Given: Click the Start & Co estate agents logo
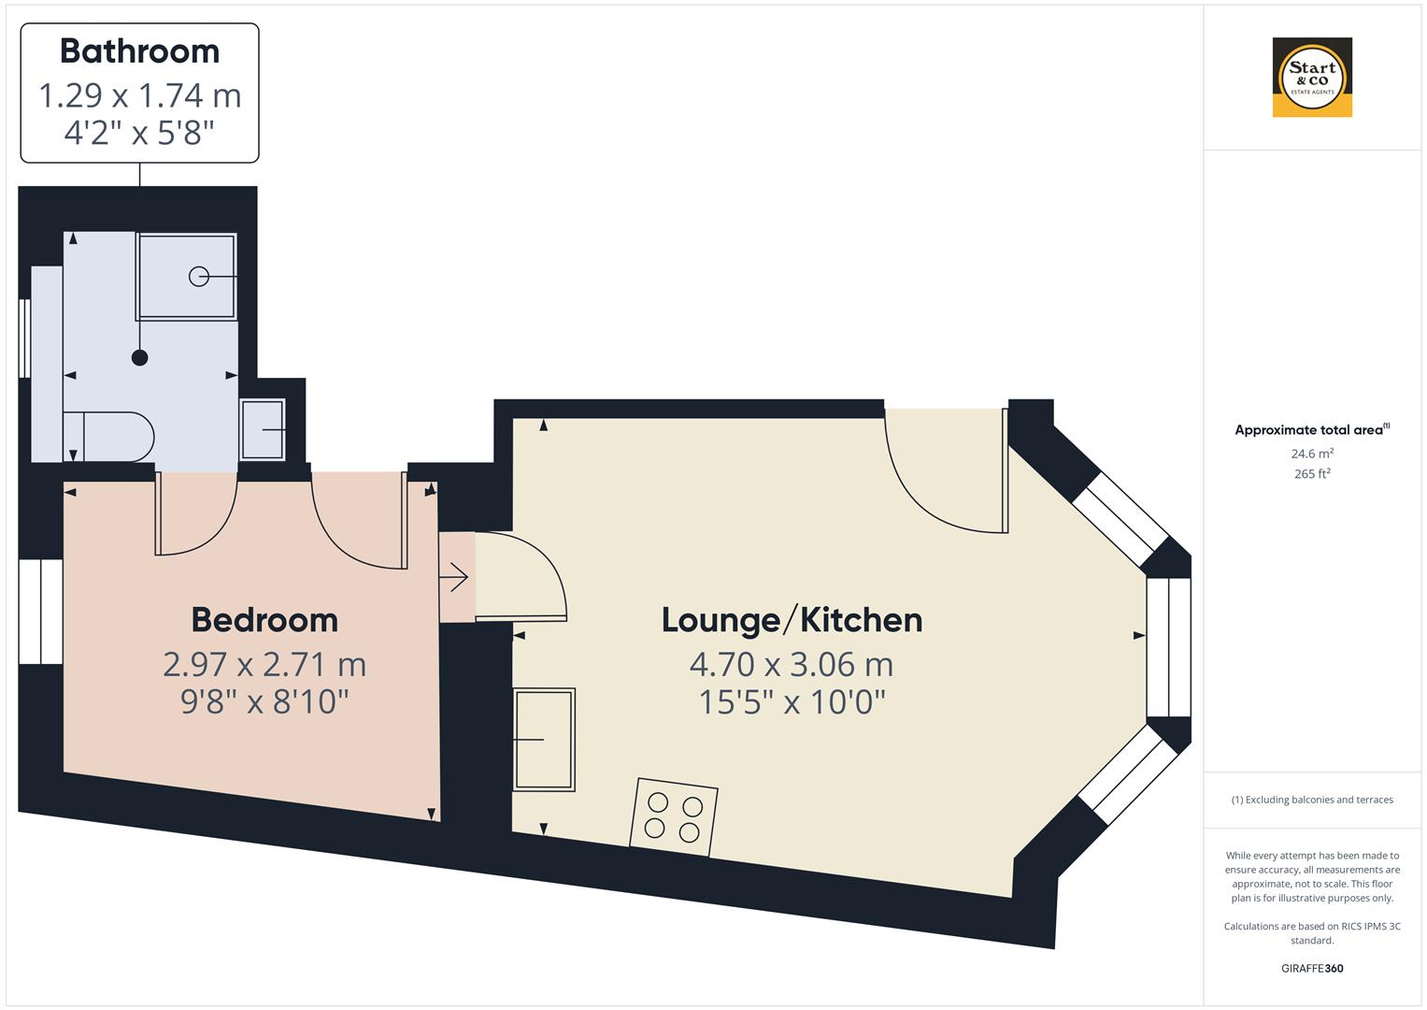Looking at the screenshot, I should (x=1312, y=78).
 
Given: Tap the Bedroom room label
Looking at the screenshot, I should (x=264, y=620).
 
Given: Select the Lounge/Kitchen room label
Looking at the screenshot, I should (x=792, y=620).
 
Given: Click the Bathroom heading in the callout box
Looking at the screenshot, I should (x=140, y=51).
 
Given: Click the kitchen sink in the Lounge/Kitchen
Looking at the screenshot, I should (x=544, y=739).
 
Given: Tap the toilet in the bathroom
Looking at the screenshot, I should (x=109, y=437).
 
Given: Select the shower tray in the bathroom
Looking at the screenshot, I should (x=187, y=277).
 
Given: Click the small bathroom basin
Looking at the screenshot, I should (x=264, y=429).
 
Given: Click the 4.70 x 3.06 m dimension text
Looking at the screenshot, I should (x=792, y=665).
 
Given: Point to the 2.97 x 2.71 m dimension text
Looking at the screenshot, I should (x=264, y=665).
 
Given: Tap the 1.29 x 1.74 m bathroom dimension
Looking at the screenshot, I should (x=140, y=95).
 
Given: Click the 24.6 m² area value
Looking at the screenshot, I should (x=1312, y=454).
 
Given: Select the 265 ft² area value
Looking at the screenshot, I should (x=1312, y=473).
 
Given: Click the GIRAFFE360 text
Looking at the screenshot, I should (x=1312, y=968).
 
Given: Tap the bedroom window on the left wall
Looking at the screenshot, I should (x=41, y=612).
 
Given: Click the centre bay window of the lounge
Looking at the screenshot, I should (x=1168, y=647).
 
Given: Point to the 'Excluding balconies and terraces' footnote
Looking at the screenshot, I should (x=1312, y=800).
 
